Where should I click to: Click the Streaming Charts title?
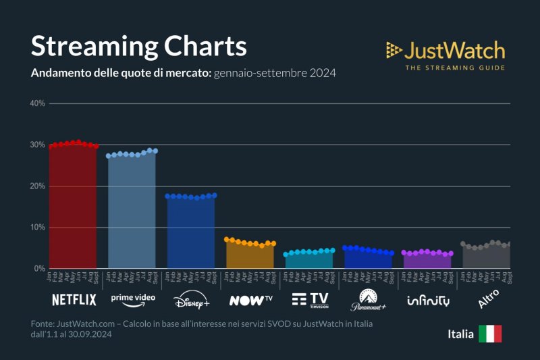pos(139,47)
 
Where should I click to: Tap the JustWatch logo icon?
pos(394,49)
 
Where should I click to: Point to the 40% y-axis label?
pos(37,103)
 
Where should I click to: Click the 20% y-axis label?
pos(37,186)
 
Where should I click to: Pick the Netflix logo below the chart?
pos(74,299)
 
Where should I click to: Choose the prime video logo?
pos(133,298)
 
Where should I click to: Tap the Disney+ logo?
pos(192,300)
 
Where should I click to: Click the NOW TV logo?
pos(250,300)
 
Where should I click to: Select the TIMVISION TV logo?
pos(309,299)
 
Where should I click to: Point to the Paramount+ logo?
pos(368,300)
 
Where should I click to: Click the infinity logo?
pos(428,300)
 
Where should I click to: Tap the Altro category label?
pos(488,299)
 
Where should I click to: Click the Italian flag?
pos(490,334)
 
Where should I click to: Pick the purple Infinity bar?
pos(427,261)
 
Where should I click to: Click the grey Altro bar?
pos(485,257)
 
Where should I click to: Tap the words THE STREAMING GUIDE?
pos(454,67)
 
